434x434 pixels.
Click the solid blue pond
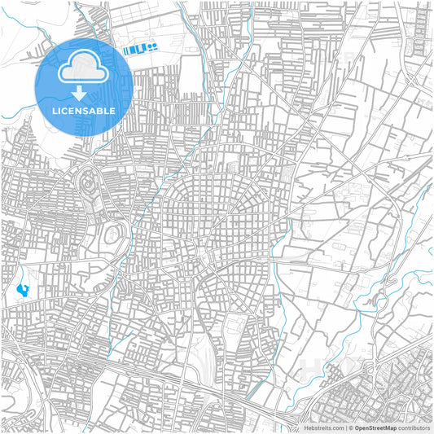coord(21,288)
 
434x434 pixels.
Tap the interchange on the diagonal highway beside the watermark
coord(326,383)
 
